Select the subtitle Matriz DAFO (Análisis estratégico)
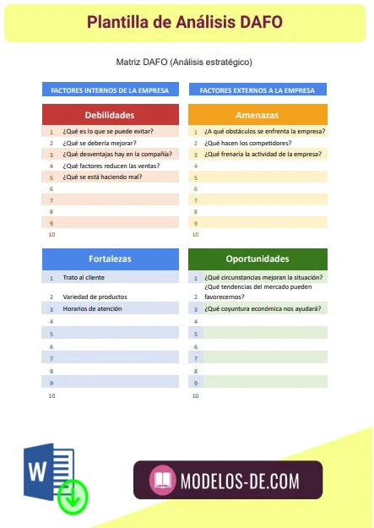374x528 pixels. click(x=185, y=62)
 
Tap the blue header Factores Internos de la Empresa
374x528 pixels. click(x=111, y=90)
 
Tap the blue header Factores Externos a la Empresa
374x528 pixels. click(x=257, y=90)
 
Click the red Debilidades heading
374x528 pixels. click(x=111, y=115)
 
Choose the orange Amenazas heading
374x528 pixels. click(x=257, y=115)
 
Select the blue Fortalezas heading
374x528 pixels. click(x=111, y=259)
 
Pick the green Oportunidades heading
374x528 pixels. click(x=257, y=259)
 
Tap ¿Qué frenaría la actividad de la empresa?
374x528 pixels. click(x=263, y=155)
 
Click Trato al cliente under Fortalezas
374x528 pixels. click(x=84, y=278)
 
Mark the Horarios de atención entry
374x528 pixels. click(x=92, y=309)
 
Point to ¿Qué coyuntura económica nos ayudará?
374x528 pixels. click(x=263, y=309)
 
